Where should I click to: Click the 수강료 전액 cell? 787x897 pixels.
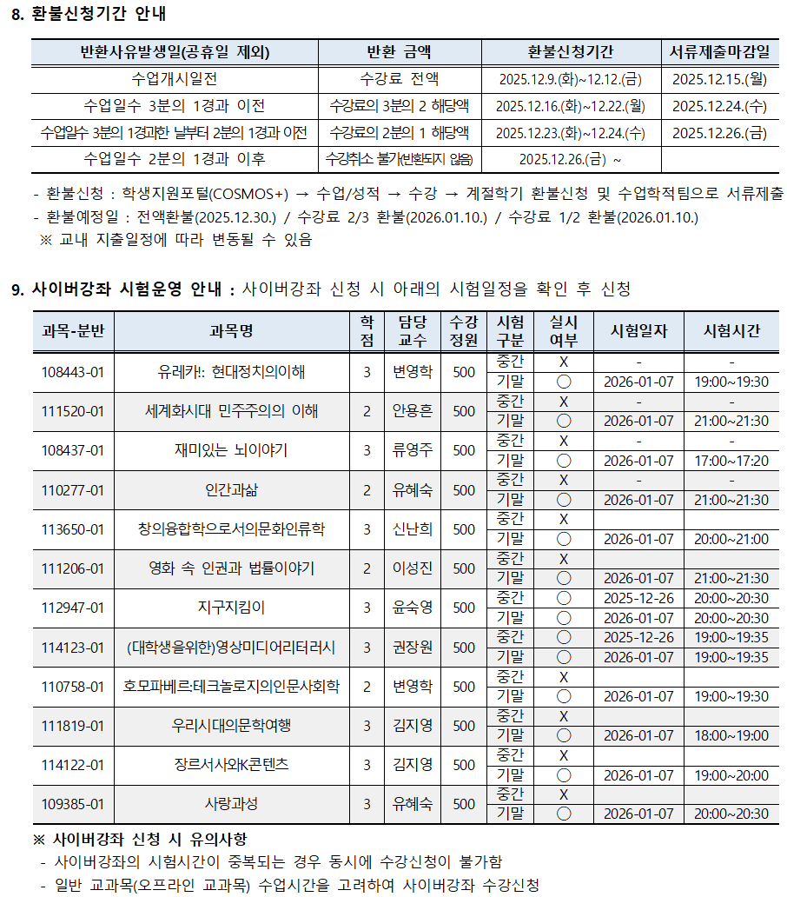point(400,79)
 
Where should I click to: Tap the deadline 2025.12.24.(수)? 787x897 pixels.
point(720,106)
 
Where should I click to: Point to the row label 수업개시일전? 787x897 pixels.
point(174,79)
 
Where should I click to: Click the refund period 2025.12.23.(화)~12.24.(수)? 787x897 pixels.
point(571,133)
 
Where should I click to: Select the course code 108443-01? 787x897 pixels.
point(73,372)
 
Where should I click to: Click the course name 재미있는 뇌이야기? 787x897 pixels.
point(231,450)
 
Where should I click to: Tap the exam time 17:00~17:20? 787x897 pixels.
point(731,461)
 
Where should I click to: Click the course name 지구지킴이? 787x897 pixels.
point(231,608)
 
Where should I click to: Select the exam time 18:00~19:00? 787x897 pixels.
point(731,735)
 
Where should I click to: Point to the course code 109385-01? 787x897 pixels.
point(73,804)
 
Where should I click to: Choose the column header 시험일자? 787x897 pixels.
point(638,331)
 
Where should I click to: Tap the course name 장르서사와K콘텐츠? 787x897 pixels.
point(231,765)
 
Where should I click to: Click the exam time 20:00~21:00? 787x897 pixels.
point(731,539)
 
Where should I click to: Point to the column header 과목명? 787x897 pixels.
point(231,331)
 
